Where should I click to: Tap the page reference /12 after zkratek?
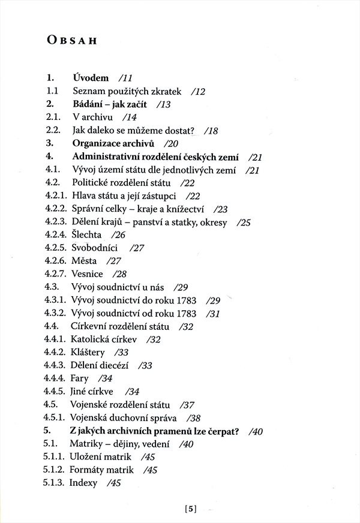click(x=197, y=91)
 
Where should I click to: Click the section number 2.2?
click(x=53, y=130)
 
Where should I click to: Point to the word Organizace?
click(x=98, y=143)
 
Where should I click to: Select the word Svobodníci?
click(x=94, y=248)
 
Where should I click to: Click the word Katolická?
click(x=92, y=339)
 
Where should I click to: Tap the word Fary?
click(x=80, y=378)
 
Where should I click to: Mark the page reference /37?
click(x=194, y=405)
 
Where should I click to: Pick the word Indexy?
click(x=84, y=483)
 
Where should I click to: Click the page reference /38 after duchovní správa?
click(x=193, y=417)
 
